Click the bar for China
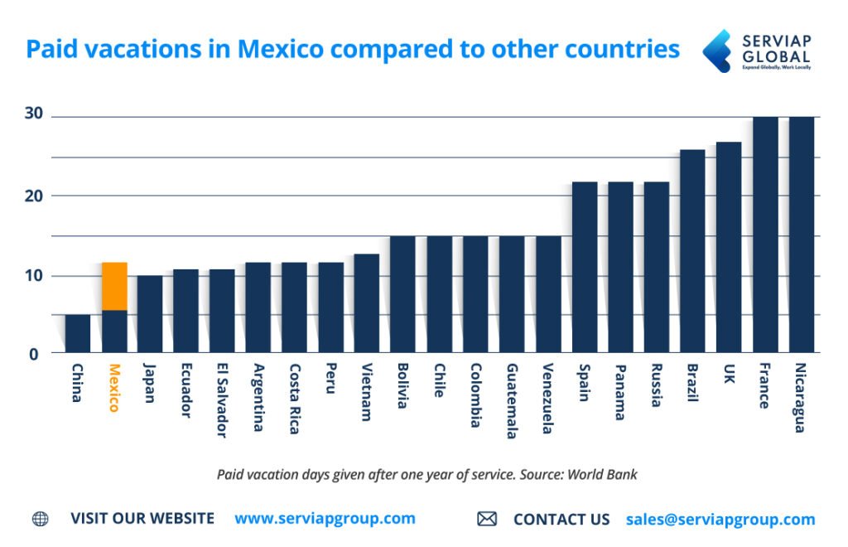click(x=78, y=334)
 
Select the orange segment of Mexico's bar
click(x=114, y=286)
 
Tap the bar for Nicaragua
click(x=802, y=235)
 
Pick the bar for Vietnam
click(x=367, y=303)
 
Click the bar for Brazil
click(x=692, y=251)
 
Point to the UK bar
click(x=729, y=248)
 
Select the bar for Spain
click(x=584, y=268)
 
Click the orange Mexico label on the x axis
click(x=114, y=388)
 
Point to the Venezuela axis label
click(x=547, y=399)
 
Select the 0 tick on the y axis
click(x=34, y=355)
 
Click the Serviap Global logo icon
click(x=716, y=51)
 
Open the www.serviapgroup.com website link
click(x=325, y=519)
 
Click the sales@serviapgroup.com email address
click(x=720, y=520)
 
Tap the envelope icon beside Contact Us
click(x=487, y=520)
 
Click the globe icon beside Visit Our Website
click(x=40, y=520)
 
